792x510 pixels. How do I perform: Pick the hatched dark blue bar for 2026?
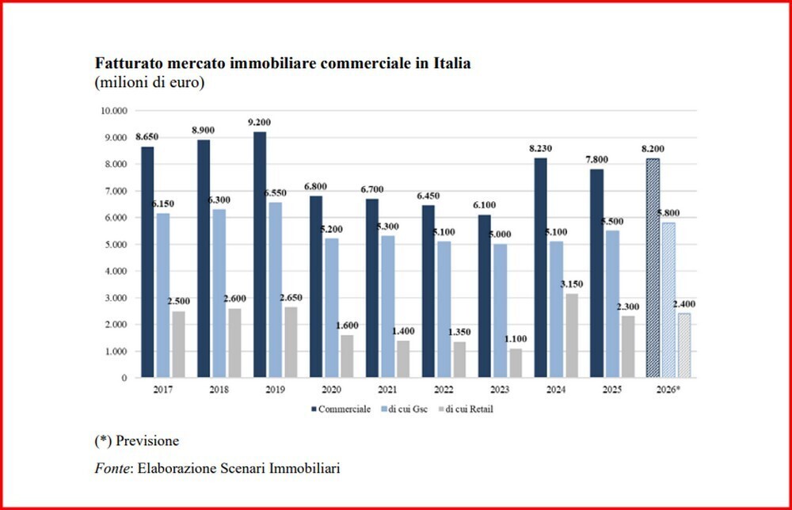pyautogui.click(x=652, y=268)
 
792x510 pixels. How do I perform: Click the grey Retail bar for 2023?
pyautogui.click(x=516, y=363)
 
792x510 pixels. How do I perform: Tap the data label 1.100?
pyautogui.click(x=516, y=340)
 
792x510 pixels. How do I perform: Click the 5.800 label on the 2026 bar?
pyautogui.click(x=669, y=213)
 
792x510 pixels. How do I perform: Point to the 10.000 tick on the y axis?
pyautogui.click(x=113, y=111)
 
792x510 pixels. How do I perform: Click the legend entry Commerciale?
pyautogui.click(x=341, y=408)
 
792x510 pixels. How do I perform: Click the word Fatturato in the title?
pyautogui.click(x=126, y=63)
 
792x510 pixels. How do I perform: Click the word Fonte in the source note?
pyautogui.click(x=112, y=469)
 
